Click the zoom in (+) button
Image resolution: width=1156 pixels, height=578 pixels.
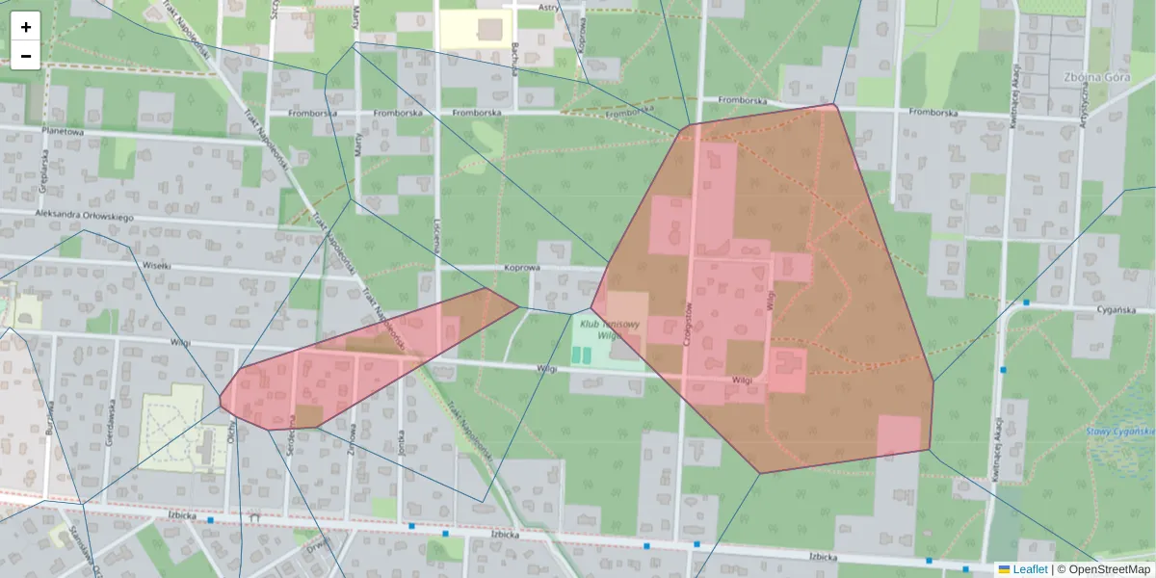(25, 26)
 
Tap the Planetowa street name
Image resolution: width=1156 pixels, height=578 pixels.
(63, 131)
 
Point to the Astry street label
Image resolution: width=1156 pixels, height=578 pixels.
(549, 7)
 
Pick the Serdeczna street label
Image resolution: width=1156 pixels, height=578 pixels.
(290, 439)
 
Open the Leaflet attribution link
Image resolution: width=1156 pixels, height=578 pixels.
(1030, 569)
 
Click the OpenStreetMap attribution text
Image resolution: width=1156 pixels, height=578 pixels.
(1105, 569)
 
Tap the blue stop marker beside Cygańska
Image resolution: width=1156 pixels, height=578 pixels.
(1027, 302)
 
